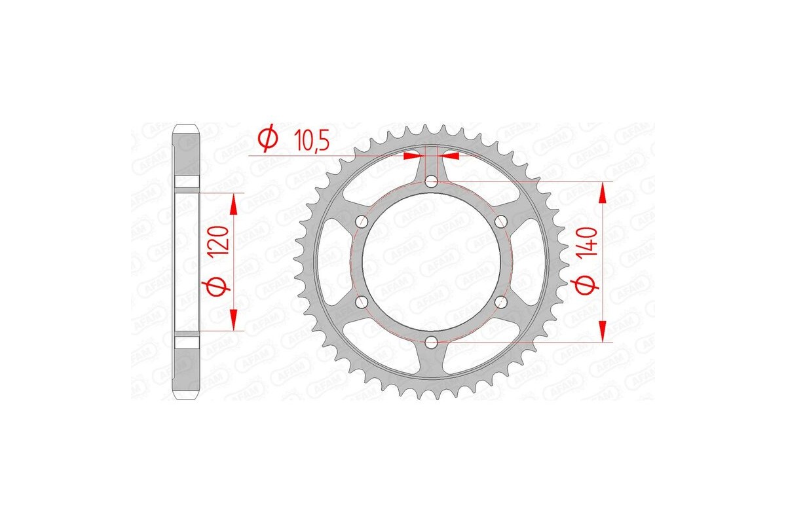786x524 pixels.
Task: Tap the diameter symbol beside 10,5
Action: [x=267, y=139]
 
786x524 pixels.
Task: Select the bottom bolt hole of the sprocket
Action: [x=431, y=341]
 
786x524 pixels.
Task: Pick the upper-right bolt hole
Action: [x=501, y=221]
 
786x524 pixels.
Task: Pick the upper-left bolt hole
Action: [x=361, y=221]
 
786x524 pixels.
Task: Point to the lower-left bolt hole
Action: [x=361, y=301]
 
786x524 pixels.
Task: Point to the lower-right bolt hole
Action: [x=501, y=301]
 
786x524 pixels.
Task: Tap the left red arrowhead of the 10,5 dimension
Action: [x=413, y=156]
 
